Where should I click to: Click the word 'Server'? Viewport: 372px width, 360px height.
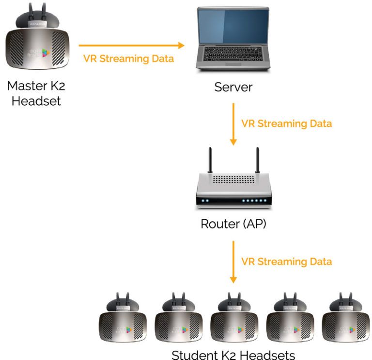point(233,88)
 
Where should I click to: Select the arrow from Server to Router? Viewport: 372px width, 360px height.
point(233,124)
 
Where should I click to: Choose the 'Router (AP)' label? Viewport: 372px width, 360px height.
point(233,224)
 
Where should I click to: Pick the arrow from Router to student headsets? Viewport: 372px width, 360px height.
point(233,262)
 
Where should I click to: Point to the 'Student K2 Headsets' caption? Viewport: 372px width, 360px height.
point(233,354)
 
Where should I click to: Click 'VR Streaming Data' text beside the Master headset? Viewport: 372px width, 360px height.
point(128,59)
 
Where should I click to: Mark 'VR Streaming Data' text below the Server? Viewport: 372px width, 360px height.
point(287,124)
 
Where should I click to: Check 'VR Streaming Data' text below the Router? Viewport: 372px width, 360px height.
point(287,262)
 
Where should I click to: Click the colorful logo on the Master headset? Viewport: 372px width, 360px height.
point(46,52)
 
